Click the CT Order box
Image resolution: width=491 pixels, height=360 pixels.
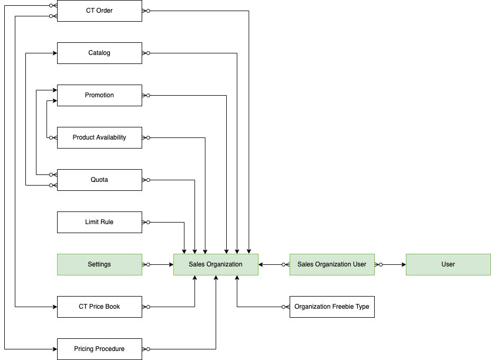99,11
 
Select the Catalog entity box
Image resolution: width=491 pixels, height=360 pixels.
99,53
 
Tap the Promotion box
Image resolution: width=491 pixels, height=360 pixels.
99,95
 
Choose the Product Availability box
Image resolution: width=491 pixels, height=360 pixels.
99,137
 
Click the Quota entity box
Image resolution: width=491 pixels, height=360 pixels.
99,180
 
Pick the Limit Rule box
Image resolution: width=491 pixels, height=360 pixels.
99,222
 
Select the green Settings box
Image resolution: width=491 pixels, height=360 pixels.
99,264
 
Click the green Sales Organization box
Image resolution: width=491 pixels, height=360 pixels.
216,264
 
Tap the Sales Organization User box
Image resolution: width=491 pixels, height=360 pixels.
332,264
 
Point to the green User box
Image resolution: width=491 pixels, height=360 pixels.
448,264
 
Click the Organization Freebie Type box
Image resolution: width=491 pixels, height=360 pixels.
332,307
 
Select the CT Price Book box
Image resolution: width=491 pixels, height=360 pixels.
99,307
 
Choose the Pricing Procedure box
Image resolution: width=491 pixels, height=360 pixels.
99,349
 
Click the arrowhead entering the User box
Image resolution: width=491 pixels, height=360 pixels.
403,264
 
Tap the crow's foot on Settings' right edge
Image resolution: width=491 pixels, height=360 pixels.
144,264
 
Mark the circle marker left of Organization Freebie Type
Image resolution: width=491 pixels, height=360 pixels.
284,307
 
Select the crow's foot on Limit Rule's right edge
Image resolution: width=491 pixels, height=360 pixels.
144,222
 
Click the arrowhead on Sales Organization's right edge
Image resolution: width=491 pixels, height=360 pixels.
262,264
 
